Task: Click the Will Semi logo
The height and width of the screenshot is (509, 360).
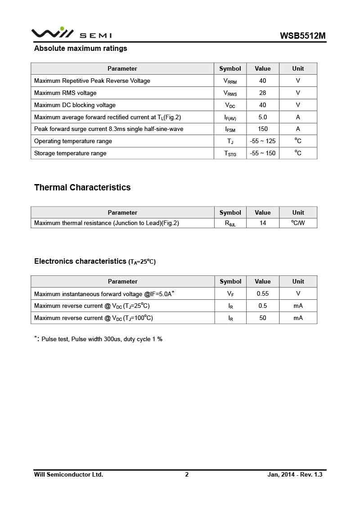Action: coord(71,33)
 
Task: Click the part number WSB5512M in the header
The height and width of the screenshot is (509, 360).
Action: coord(302,36)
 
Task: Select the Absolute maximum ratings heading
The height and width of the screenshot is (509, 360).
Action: coord(81,49)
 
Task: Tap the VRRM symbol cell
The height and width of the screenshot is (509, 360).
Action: coord(230,81)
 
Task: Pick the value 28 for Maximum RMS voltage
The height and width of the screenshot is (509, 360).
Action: coord(263,93)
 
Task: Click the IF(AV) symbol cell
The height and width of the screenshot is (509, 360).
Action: coord(230,117)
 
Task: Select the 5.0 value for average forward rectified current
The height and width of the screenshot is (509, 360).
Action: coord(263,117)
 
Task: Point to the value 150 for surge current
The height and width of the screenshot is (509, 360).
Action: coord(263,129)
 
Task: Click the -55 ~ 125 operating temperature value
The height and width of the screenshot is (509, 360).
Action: coord(263,141)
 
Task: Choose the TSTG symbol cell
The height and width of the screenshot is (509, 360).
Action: coord(230,153)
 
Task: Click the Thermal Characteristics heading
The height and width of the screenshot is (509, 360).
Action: coord(82,188)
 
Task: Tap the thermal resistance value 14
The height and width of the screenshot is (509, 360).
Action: coord(263,223)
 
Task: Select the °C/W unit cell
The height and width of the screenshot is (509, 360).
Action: coord(298,223)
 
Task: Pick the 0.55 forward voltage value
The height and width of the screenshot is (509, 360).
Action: coord(263,293)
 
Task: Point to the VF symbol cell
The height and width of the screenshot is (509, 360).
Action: coord(230,294)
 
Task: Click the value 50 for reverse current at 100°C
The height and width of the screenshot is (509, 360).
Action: coord(263,318)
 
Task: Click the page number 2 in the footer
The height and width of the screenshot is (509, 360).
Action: coord(187,474)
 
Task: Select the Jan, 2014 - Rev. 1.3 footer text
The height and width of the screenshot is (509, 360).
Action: coord(295,474)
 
